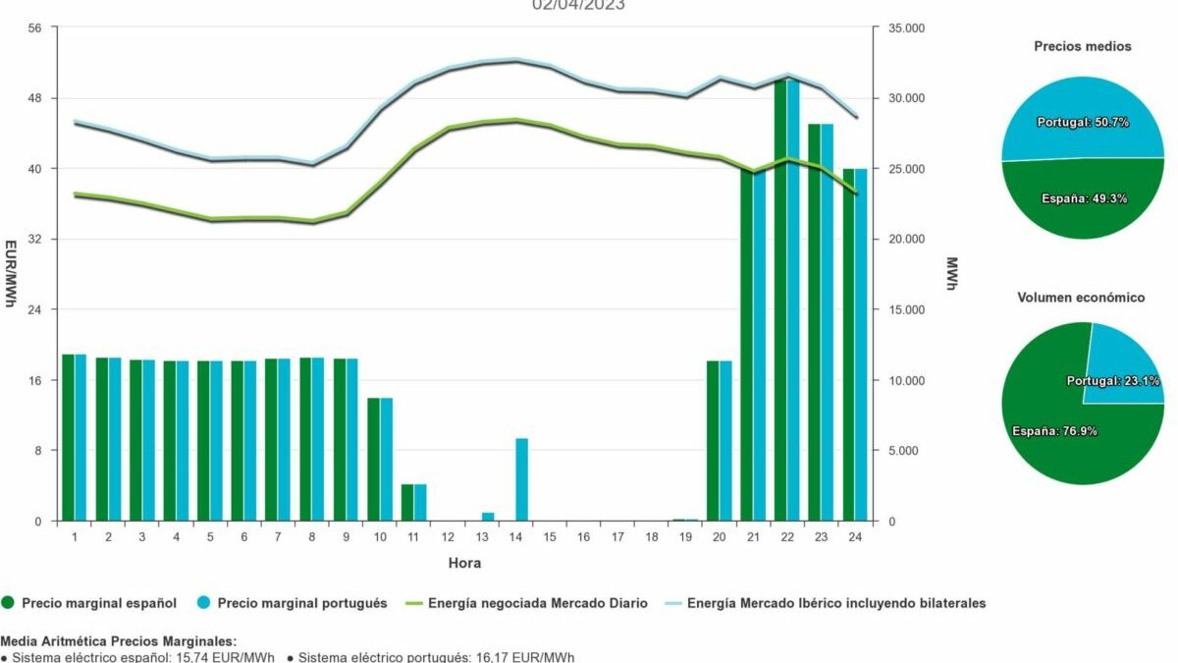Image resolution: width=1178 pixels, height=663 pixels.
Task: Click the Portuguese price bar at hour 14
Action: point(522,479)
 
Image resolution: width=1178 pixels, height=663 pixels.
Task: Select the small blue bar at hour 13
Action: point(488,517)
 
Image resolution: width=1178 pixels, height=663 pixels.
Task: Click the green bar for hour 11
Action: point(407,503)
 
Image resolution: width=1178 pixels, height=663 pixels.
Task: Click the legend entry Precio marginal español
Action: point(98,603)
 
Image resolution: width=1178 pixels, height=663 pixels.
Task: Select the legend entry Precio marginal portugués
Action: point(301,603)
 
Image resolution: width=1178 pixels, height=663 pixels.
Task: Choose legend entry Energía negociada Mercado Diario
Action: point(537,603)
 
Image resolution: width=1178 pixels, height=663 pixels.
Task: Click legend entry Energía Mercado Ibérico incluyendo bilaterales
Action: point(835,603)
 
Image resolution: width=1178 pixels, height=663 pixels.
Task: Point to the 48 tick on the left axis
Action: point(34,98)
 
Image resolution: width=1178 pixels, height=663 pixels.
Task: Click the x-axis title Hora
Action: point(465,564)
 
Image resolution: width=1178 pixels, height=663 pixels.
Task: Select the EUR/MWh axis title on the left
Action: point(11,274)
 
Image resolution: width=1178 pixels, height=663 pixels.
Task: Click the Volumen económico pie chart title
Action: point(1082,298)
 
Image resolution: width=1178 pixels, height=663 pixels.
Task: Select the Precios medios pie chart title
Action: point(1082,46)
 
